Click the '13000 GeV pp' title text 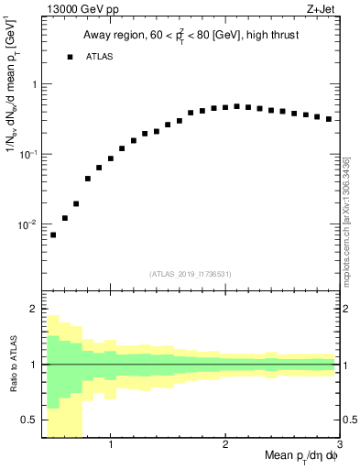79,9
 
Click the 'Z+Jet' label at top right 322,9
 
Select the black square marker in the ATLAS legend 70,57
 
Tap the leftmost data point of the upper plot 53,235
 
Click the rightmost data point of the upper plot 328,119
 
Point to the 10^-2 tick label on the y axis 27,224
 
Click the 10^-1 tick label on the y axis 27,154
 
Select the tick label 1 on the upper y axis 33,84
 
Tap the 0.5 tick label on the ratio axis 29,420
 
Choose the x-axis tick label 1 111,445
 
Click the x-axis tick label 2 225,445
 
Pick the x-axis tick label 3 338,445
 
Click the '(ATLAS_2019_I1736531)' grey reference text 191,274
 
